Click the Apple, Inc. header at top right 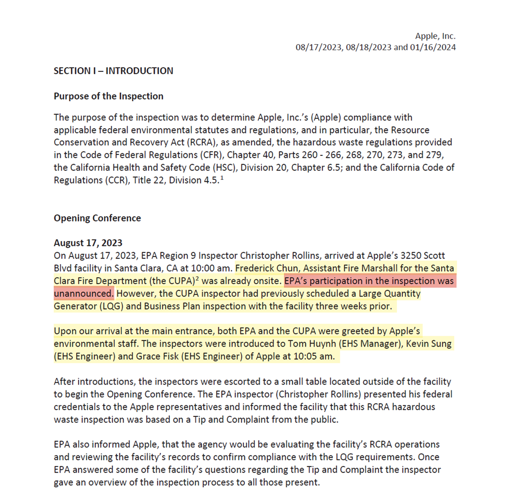point(435,36)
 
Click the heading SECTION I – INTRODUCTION point(113,71)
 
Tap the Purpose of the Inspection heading point(108,96)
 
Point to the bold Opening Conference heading point(97,218)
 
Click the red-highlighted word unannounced point(83,293)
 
